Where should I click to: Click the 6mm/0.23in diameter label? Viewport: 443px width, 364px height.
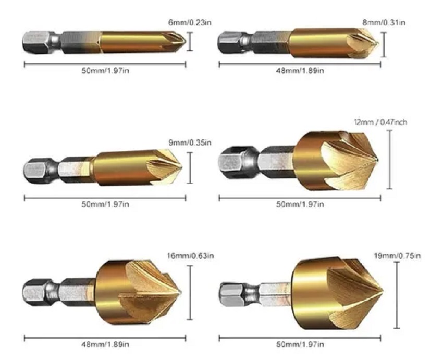point(190,22)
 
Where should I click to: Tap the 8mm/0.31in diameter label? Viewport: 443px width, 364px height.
point(384,22)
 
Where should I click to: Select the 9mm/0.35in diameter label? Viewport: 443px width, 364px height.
point(190,142)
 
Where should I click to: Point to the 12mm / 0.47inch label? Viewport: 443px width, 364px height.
point(380,122)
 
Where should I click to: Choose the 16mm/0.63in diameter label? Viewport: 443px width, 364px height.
point(190,256)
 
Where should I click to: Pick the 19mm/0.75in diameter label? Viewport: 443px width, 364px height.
point(397,256)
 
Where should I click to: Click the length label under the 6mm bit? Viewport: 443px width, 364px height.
point(105,71)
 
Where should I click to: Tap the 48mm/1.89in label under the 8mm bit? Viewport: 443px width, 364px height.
point(300,71)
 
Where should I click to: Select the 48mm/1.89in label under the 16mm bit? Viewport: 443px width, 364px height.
point(105,344)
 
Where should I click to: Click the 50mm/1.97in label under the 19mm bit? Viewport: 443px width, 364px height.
point(300,344)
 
